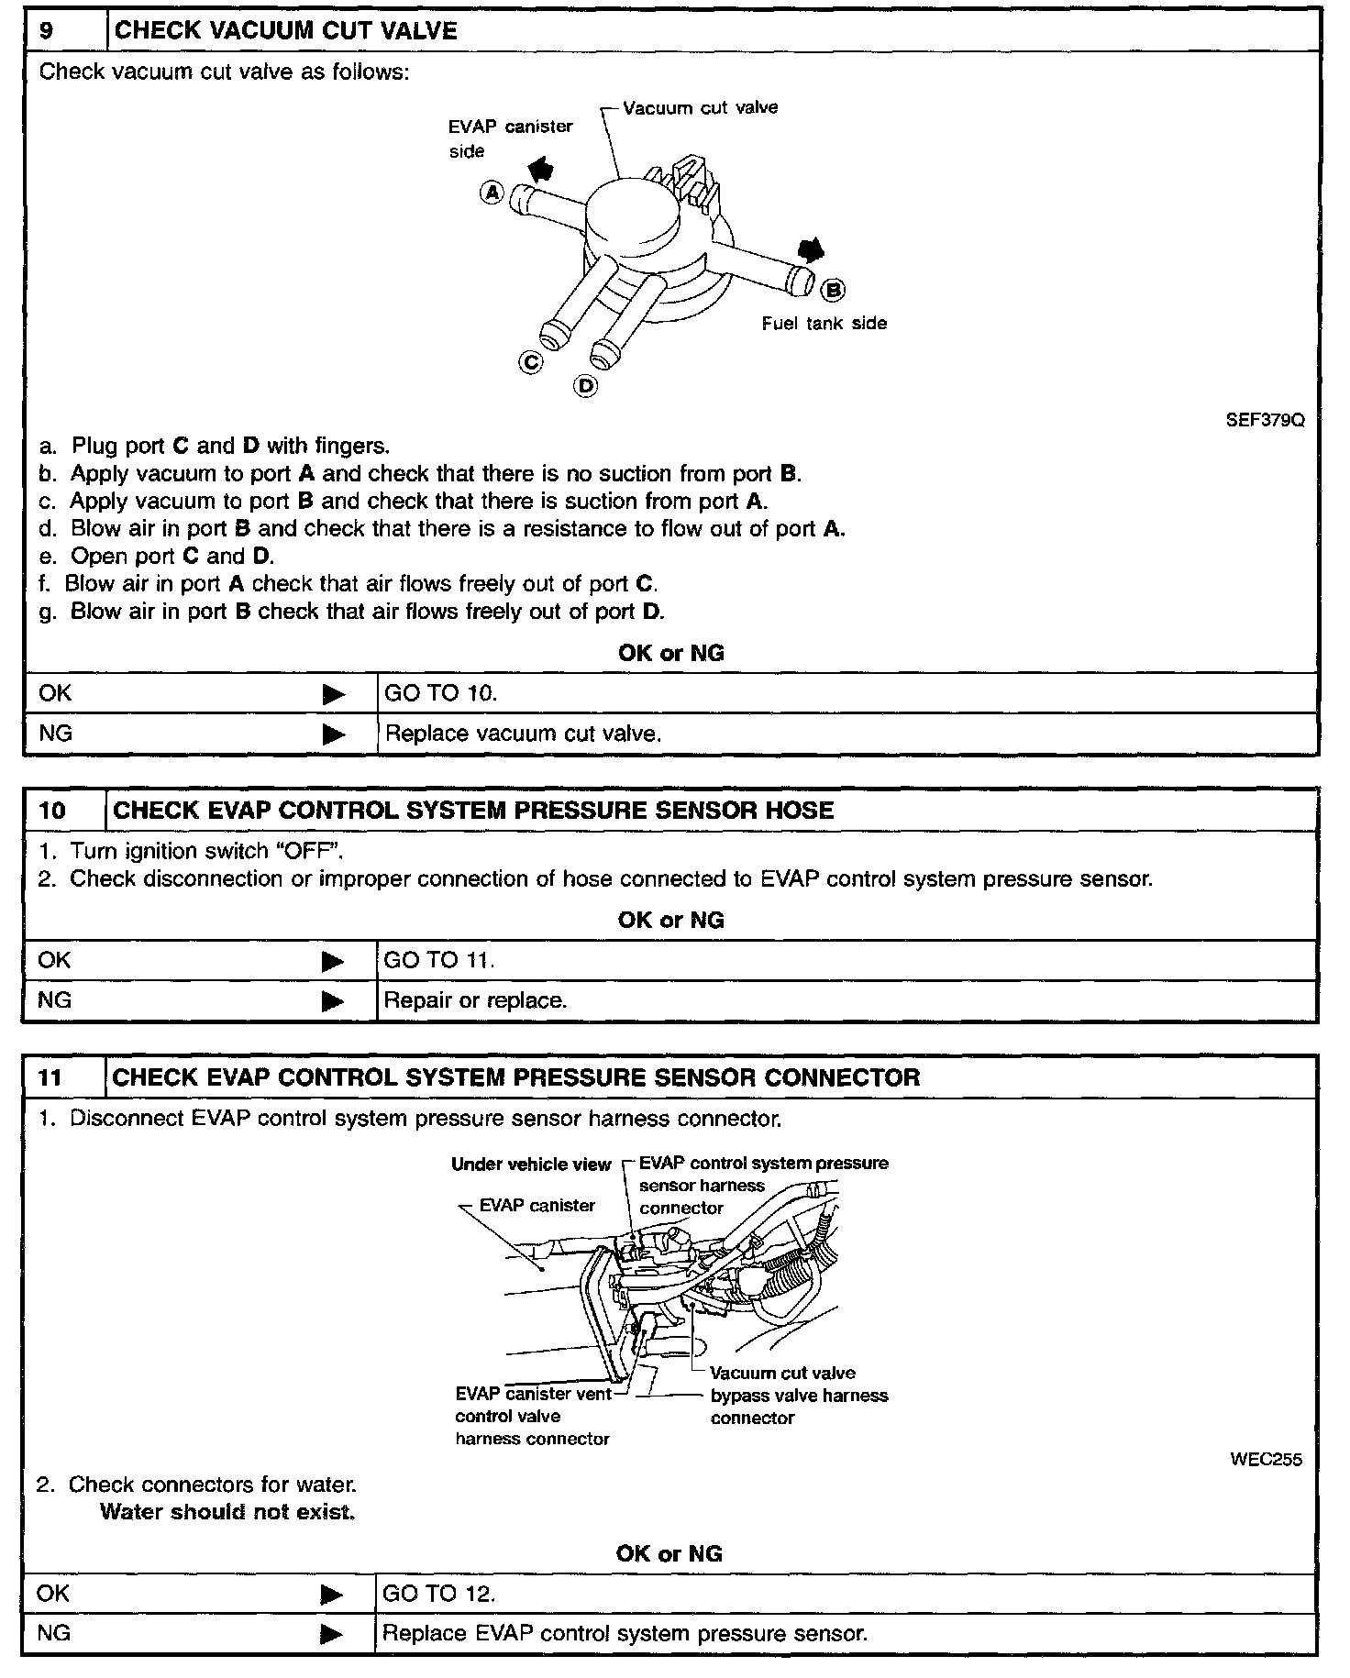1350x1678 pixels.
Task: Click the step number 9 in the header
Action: (47, 30)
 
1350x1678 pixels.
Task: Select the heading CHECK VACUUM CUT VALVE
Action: (285, 30)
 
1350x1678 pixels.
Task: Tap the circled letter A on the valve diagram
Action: (492, 193)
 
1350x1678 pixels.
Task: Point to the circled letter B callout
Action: (833, 290)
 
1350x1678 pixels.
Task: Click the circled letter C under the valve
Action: (531, 362)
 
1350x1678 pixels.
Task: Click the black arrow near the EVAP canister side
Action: (541, 168)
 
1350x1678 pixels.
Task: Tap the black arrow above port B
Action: (811, 250)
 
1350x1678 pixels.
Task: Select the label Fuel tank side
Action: (824, 323)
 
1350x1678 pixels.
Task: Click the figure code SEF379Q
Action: (1265, 421)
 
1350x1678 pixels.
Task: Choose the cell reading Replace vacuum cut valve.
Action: (523, 734)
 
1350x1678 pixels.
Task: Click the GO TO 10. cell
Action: (440, 693)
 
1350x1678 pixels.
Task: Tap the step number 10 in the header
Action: (52, 811)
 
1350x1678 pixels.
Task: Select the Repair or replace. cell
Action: (475, 1000)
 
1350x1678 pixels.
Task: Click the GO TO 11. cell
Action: (438, 960)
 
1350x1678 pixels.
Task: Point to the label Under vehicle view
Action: (530, 1165)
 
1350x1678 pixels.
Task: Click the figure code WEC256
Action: (1265, 1460)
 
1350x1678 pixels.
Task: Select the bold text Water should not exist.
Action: (227, 1512)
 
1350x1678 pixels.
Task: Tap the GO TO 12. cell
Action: (438, 1594)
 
